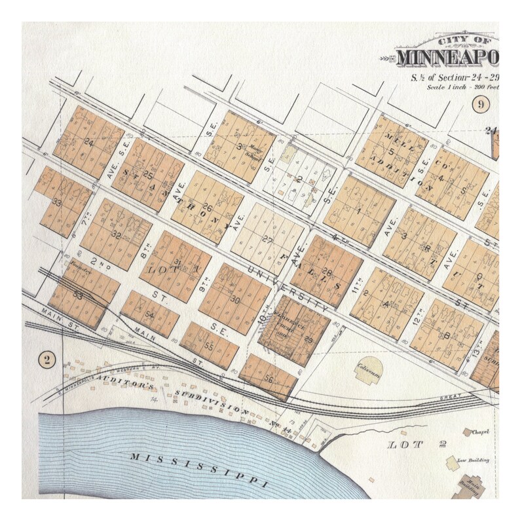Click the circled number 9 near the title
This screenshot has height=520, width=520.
coord(482,103)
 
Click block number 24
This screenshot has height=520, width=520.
coord(89,142)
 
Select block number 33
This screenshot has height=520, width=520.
coord(58,202)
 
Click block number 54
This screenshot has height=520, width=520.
coord(150,316)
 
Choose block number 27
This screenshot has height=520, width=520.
coord(267,239)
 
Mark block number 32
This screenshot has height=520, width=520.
coord(117,233)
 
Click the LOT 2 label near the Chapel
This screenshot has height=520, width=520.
coord(417,445)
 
